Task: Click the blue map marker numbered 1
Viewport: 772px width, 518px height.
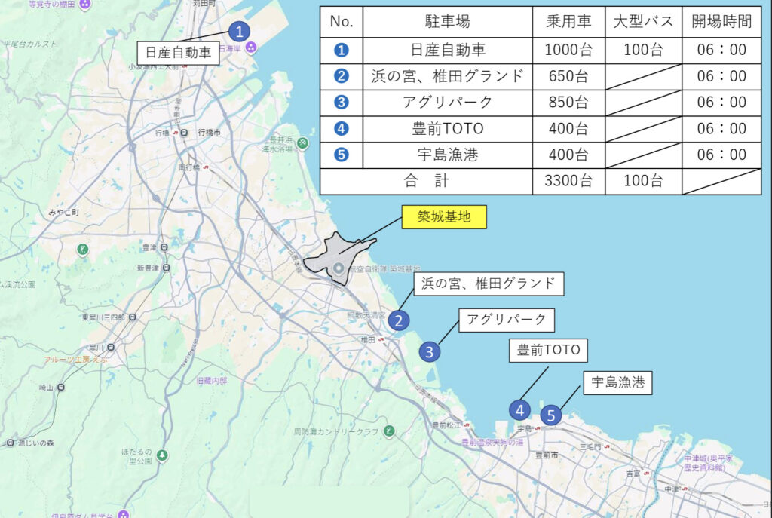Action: (x=239, y=32)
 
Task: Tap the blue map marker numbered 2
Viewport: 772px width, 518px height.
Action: (x=399, y=320)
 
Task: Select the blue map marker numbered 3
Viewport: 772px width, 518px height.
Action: (x=429, y=351)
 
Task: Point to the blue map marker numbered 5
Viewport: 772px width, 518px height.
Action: (x=552, y=415)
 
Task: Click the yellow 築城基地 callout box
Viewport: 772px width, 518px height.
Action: (x=444, y=217)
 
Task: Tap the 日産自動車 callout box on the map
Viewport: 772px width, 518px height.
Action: (x=179, y=53)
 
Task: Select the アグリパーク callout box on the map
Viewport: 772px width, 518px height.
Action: (x=507, y=319)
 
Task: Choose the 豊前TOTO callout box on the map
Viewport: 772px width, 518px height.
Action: (x=548, y=351)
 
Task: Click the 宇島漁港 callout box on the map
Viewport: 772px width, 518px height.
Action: (x=617, y=382)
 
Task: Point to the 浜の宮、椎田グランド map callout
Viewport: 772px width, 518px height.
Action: (x=488, y=284)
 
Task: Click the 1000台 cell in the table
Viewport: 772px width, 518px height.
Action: (x=568, y=51)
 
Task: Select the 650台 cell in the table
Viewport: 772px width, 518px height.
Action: (x=568, y=77)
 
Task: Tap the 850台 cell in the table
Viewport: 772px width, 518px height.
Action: (x=568, y=103)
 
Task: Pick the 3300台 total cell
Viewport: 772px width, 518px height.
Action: (x=568, y=181)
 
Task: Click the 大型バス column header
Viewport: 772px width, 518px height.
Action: (x=643, y=22)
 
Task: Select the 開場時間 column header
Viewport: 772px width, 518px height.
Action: (x=721, y=22)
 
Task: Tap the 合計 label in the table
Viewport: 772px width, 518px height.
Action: (x=426, y=181)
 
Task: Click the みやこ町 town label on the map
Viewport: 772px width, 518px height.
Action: (x=63, y=213)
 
